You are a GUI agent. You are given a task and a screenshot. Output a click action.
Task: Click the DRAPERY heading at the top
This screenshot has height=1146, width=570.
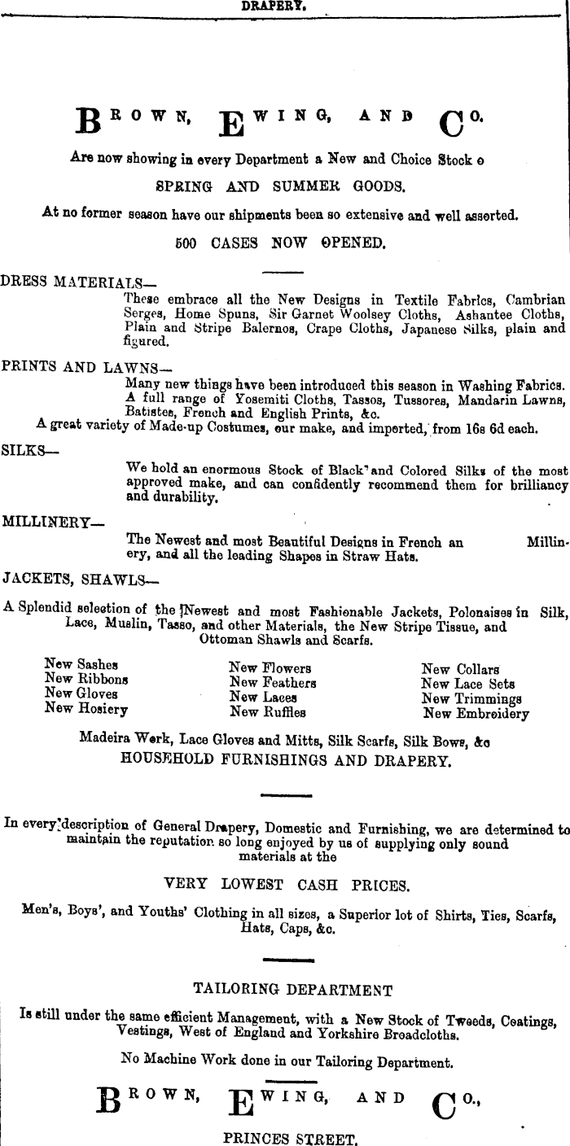coord(274,5)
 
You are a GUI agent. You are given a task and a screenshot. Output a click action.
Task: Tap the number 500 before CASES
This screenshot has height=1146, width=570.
coord(186,243)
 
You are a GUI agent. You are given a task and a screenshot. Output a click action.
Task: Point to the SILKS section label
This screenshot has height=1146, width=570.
coord(25,450)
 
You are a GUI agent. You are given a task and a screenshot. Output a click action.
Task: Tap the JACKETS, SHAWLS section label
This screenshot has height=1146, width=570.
coord(81,580)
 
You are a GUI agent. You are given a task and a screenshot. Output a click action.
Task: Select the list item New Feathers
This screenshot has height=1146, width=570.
coord(273,683)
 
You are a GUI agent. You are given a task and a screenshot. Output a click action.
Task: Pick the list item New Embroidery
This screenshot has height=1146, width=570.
coord(476,714)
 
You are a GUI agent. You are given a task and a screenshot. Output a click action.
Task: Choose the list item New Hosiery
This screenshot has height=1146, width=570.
coord(86,709)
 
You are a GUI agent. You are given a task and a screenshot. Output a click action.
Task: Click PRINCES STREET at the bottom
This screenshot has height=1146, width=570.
coord(290,1139)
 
